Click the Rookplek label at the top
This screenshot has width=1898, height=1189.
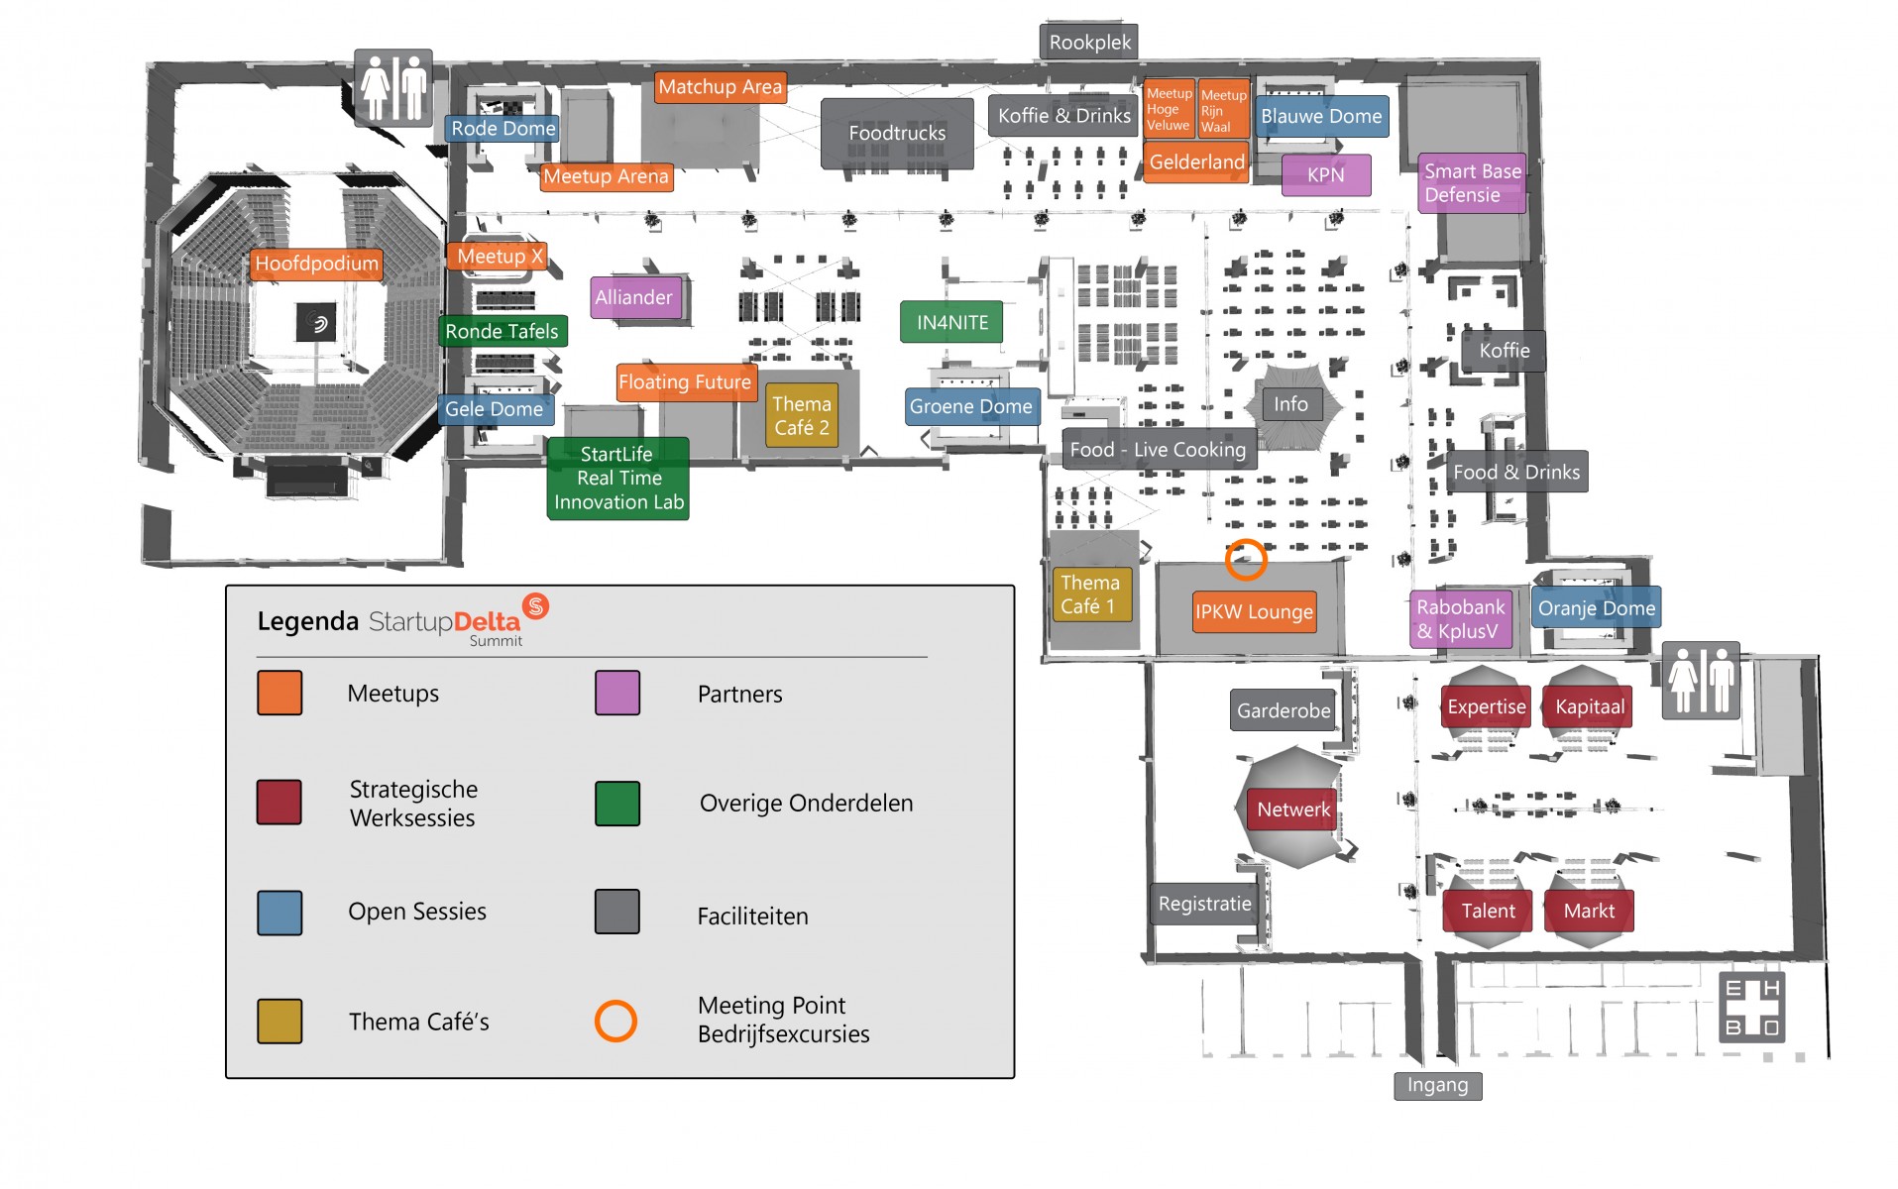click(1089, 43)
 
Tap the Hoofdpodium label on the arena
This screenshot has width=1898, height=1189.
click(316, 264)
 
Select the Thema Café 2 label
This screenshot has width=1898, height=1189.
click(801, 415)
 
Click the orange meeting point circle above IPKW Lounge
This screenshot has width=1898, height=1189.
click(1246, 560)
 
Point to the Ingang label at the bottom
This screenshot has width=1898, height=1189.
click(1437, 1085)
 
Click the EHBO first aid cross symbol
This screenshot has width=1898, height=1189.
click(1751, 1008)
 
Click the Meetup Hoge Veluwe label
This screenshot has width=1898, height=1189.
click(1169, 109)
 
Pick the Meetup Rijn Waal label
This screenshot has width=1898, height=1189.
click(1223, 110)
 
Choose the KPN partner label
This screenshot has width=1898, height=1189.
click(1325, 175)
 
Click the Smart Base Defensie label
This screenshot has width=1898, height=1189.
click(1471, 183)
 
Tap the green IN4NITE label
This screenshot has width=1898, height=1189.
click(951, 322)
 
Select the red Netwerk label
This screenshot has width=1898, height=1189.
click(1292, 810)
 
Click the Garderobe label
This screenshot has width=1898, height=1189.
click(1284, 710)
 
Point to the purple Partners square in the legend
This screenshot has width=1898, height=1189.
click(616, 693)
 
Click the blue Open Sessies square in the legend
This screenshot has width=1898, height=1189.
click(279, 913)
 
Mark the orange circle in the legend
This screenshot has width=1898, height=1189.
click(615, 1021)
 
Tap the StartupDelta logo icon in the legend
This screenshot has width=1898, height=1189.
click(536, 605)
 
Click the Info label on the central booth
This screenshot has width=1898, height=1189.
click(1290, 404)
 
